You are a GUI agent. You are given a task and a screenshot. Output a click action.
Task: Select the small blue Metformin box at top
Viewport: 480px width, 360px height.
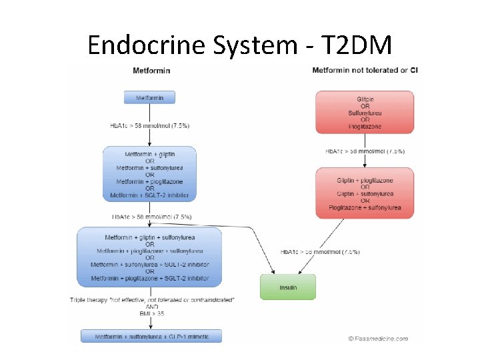click(149, 97)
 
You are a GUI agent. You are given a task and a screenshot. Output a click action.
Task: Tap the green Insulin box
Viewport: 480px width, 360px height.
click(287, 287)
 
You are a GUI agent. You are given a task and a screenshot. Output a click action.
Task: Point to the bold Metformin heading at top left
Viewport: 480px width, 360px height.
click(151, 71)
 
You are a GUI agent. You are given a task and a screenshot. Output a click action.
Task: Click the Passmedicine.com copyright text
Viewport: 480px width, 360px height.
click(378, 339)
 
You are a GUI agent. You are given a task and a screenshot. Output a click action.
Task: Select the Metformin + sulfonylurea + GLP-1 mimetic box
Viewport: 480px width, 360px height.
click(152, 337)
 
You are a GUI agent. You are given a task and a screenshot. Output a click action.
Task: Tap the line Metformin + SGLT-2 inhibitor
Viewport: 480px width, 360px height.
click(149, 195)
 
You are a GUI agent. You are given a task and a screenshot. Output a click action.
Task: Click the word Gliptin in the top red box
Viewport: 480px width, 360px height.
click(365, 99)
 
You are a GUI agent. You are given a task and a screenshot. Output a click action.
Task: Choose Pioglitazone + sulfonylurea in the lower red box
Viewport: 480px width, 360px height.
click(365, 207)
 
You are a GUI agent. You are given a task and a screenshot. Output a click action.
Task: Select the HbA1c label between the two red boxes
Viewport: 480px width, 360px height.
click(365, 151)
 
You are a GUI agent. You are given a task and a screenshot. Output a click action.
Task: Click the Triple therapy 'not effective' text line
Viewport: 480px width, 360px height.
click(152, 299)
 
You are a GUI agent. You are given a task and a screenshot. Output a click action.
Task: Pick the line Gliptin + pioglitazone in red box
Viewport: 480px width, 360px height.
click(365, 180)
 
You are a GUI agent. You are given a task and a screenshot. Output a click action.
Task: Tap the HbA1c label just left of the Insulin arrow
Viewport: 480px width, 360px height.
click(320, 252)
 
